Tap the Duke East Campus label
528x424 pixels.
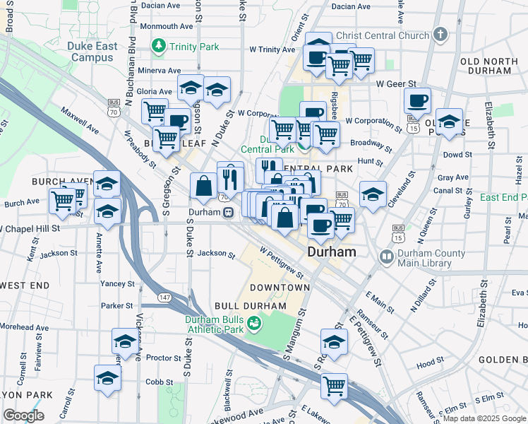[x=92, y=52]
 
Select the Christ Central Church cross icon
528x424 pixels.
[x=440, y=35]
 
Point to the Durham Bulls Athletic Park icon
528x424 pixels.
[x=254, y=324]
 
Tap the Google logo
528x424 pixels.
[x=23, y=416]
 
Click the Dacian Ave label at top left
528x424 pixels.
[x=160, y=5]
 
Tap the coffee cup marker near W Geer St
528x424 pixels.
[x=416, y=100]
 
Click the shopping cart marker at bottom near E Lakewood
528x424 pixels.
[x=334, y=386]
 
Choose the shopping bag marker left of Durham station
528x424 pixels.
[x=203, y=187]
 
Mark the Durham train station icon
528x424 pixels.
[x=228, y=212]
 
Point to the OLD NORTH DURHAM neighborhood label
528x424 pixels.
[x=495, y=66]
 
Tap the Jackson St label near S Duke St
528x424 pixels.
[x=215, y=253]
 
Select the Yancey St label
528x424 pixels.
[x=117, y=283]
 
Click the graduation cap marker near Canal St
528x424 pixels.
[x=373, y=194]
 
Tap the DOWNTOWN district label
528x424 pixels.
[x=280, y=288]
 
